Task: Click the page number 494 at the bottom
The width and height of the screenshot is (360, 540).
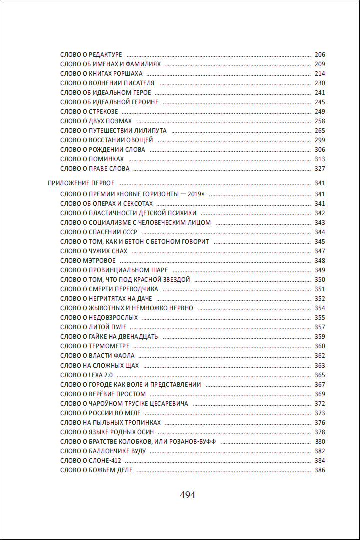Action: coord(187,495)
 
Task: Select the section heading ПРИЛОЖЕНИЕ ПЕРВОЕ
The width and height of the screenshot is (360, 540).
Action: coord(81,183)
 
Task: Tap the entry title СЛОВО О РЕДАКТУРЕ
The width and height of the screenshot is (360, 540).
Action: coord(91,54)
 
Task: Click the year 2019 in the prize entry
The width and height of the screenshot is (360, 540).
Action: coord(196,194)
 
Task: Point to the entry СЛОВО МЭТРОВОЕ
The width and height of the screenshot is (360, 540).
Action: coord(88,261)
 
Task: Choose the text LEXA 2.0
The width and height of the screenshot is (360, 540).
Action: coord(103,375)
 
